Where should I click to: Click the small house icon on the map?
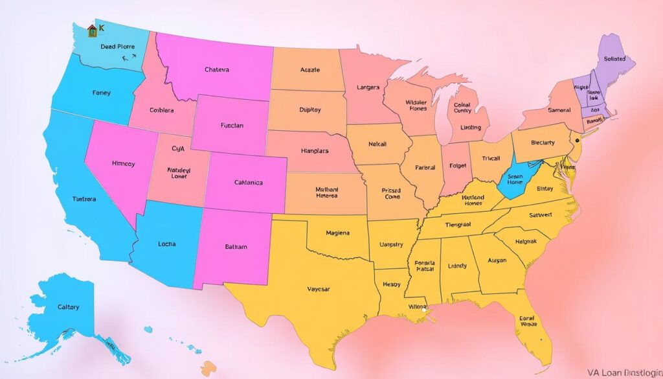(x=91, y=31)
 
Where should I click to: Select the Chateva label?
(x=216, y=69)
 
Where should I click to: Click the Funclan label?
(x=231, y=126)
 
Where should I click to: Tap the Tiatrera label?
(x=84, y=199)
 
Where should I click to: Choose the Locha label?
(x=166, y=244)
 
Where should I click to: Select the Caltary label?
(x=68, y=307)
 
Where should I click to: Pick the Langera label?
(x=368, y=87)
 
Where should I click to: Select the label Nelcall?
(x=377, y=144)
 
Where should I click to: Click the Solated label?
(x=614, y=58)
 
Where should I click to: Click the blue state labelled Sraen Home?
(x=515, y=178)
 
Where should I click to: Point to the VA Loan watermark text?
(x=623, y=373)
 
